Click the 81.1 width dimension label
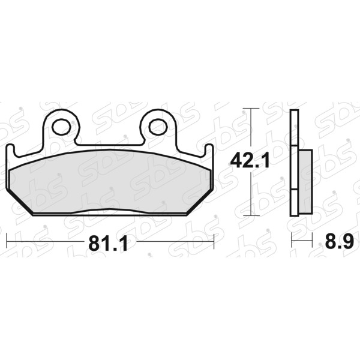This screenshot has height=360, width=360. [108, 244]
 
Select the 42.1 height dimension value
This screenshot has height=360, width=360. [250, 161]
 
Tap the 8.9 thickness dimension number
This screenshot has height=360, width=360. [340, 241]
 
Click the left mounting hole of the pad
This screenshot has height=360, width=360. [61, 127]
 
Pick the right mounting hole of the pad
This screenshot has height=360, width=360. [158, 127]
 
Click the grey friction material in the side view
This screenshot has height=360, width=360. [305, 181]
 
